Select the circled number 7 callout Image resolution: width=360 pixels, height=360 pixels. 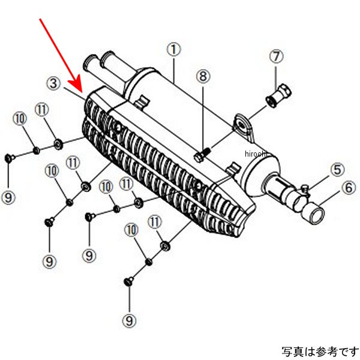(x=275, y=58)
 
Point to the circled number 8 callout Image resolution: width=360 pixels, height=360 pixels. (x=203, y=77)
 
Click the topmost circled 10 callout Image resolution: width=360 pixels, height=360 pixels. (x=19, y=119)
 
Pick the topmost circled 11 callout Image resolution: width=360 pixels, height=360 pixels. (x=41, y=110)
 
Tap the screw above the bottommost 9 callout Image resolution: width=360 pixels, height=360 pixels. (x=128, y=280)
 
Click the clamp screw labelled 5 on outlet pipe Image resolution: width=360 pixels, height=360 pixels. (x=306, y=190)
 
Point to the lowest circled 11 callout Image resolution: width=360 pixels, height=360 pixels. (x=155, y=223)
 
